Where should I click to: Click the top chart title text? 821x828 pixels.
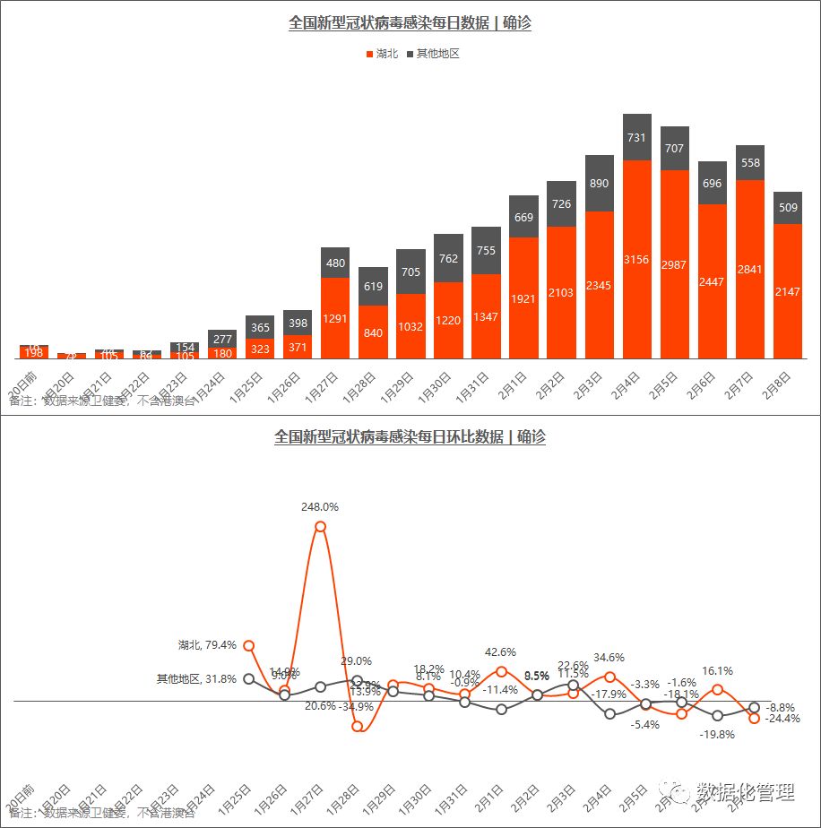point(410,23)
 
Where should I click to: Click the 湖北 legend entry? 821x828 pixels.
point(382,54)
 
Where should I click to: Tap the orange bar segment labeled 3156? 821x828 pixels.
point(637,259)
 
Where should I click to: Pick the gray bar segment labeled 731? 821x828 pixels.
point(637,137)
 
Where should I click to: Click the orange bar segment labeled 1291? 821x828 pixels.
point(335,317)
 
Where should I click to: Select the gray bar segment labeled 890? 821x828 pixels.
point(600,183)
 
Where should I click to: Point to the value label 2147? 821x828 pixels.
point(788,291)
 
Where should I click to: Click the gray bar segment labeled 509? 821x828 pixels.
point(788,208)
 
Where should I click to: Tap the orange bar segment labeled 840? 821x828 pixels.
point(373,332)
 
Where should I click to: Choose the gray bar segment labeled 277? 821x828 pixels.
point(222,339)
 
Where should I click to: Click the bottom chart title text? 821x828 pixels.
point(410,437)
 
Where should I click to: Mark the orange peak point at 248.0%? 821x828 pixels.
point(320,527)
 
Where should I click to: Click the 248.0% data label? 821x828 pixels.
point(320,507)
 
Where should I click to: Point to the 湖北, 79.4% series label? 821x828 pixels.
point(207,644)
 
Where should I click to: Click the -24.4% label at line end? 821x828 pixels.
point(783,719)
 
